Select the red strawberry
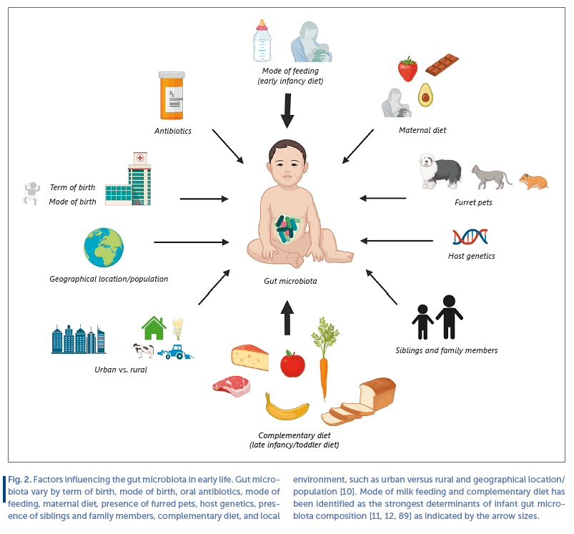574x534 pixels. (x=407, y=69)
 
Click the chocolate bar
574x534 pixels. (x=442, y=65)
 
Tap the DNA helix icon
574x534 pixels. (x=469, y=235)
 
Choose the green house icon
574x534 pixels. (x=154, y=327)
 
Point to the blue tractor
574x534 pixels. (x=172, y=351)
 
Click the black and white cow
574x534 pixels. (x=143, y=350)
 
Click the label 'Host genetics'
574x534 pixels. (x=471, y=256)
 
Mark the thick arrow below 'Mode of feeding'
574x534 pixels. (x=287, y=112)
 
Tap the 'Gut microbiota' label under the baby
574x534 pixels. (x=290, y=281)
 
